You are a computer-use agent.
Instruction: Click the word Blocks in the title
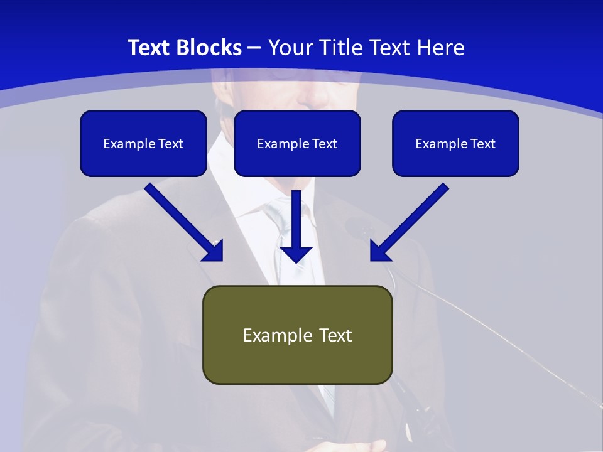point(210,48)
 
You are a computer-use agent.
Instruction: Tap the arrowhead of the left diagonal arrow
point(214,251)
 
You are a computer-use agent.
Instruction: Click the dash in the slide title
point(254,48)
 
